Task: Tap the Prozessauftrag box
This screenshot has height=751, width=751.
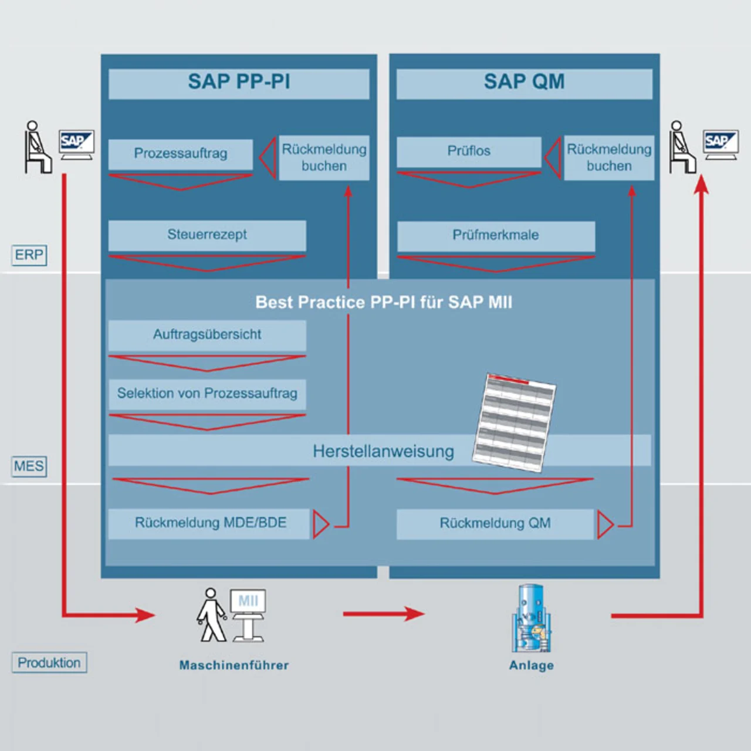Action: point(181,154)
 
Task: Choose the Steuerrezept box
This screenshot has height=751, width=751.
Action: point(207,235)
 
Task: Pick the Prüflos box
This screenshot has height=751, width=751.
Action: point(469,151)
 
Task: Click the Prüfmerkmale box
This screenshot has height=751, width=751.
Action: point(496,235)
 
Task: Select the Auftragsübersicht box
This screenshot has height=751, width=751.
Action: point(207,335)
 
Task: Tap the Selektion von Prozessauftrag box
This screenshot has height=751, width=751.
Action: point(207,394)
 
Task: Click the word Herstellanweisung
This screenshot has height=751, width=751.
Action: point(383,451)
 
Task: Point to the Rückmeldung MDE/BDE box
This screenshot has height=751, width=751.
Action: point(209,523)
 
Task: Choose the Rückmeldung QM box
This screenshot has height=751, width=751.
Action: point(495,523)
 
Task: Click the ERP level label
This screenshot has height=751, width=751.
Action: point(29,255)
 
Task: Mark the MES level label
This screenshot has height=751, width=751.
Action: point(29,466)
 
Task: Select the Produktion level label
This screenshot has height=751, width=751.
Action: point(49,663)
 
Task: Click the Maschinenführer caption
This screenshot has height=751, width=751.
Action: point(234,665)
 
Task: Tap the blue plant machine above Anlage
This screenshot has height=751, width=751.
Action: point(531,619)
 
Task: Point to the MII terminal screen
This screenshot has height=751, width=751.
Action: point(248,601)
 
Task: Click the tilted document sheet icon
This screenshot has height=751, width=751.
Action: point(515,422)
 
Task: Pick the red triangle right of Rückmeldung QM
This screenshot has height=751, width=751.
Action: point(605,524)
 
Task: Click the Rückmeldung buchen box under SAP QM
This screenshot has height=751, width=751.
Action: point(609,158)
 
